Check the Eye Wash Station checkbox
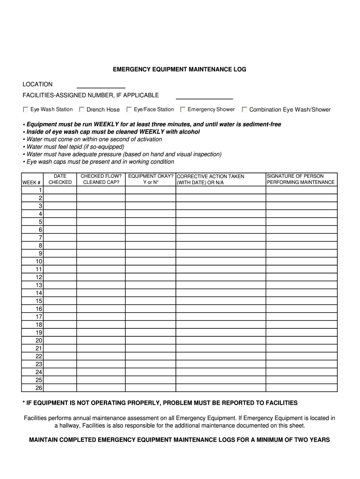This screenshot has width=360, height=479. point(26,109)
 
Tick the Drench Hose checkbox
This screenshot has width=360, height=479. point(82,109)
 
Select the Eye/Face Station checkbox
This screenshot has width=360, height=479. point(129,109)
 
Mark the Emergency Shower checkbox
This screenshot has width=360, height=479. point(183,109)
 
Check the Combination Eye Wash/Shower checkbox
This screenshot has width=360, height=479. point(245,109)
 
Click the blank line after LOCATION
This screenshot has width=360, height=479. point(101,85)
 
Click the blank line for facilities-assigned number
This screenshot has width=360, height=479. point(204,96)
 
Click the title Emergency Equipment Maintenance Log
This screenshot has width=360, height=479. point(180,69)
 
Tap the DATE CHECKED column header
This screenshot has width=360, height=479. point(60,179)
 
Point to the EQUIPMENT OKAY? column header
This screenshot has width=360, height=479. point(151,179)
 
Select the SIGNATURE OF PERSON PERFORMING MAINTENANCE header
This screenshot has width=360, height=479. point(301,179)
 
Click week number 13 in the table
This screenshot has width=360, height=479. point(39,285)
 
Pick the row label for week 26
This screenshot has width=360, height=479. point(39,388)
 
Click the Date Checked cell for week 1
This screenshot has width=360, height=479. point(60,190)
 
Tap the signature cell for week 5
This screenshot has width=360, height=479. point(301,222)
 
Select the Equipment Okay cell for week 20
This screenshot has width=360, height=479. point(151,341)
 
